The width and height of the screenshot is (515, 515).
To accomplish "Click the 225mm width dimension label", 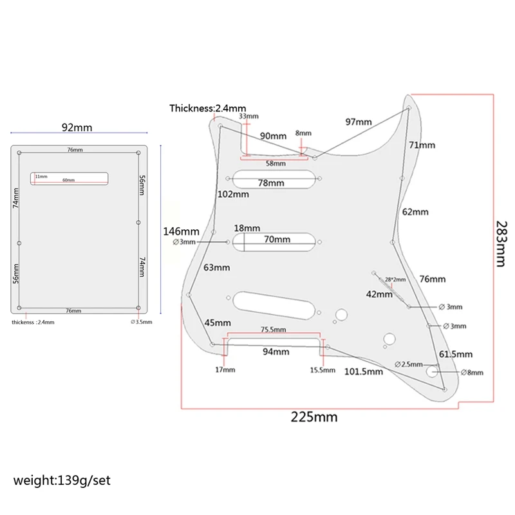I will (315, 417).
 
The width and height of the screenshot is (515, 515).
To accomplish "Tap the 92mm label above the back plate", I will (77, 127).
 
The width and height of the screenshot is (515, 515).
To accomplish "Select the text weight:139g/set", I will (65, 480).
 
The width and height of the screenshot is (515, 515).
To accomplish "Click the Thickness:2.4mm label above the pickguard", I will (208, 108).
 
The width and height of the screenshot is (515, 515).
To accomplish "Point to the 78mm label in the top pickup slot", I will (271, 183).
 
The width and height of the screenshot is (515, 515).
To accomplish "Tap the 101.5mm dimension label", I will (364, 371).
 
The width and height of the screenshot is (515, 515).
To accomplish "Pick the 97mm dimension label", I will (359, 122).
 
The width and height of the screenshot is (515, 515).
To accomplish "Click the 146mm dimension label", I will (181, 231).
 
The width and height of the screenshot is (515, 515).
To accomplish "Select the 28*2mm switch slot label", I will (396, 279).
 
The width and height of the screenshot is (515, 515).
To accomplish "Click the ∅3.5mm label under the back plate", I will (142, 321).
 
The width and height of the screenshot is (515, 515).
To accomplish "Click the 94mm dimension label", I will (275, 351).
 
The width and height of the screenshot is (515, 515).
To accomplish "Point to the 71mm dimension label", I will (423, 145).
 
